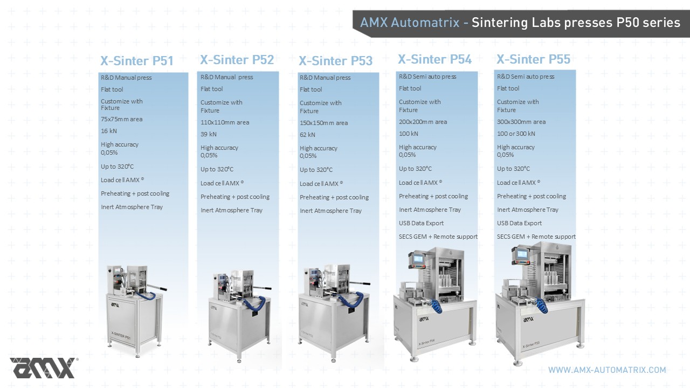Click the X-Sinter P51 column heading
click(x=137, y=61)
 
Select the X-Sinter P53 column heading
click(x=335, y=61)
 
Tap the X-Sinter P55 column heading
click(x=533, y=59)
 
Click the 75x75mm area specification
click(x=121, y=119)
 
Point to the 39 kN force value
click(x=209, y=134)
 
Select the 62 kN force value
click(x=307, y=135)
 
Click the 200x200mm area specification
click(x=423, y=122)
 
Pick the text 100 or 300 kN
click(x=516, y=134)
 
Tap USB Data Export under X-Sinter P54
click(x=421, y=223)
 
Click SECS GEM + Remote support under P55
click(x=536, y=237)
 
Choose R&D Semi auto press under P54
click(x=427, y=77)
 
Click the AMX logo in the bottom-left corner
click(x=44, y=368)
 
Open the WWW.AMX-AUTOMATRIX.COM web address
click(x=607, y=370)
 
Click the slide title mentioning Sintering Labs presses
click(x=520, y=23)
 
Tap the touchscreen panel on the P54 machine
click(x=418, y=259)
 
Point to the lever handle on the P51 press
click(x=156, y=288)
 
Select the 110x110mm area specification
click(x=225, y=122)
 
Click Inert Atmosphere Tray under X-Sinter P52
click(x=231, y=210)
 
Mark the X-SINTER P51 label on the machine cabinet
click(x=121, y=336)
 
